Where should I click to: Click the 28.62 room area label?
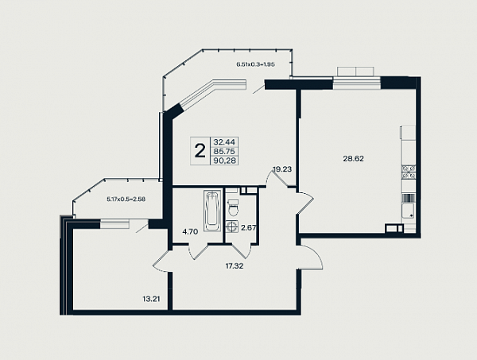(x=353, y=159)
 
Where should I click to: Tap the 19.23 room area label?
(x=282, y=169)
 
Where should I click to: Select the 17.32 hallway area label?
(x=235, y=266)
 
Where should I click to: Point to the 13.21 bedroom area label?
(x=151, y=299)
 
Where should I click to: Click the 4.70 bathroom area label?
(x=190, y=232)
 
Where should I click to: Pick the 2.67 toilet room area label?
(x=248, y=228)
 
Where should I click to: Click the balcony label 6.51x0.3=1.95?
(x=256, y=64)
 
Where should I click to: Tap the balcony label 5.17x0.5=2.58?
(x=126, y=199)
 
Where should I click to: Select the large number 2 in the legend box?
(x=200, y=151)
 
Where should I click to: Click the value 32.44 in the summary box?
(x=225, y=142)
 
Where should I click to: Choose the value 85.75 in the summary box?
(x=225, y=151)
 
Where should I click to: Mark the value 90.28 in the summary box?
(x=225, y=161)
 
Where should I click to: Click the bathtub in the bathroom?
(x=212, y=211)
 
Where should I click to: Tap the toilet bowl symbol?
(x=234, y=207)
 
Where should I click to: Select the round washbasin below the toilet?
(x=232, y=226)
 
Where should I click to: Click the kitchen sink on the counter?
(x=408, y=211)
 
